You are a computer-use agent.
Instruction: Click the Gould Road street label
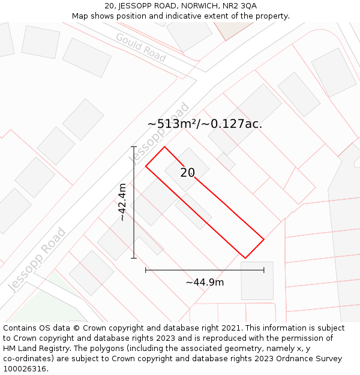(141, 47)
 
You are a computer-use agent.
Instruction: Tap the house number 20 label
(187, 173)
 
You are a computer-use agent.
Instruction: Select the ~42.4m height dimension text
(122, 202)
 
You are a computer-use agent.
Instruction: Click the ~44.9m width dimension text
(205, 282)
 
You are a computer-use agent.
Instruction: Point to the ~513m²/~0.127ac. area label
(205, 124)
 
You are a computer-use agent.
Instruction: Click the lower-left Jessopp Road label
(37, 260)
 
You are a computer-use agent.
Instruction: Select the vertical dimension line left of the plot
(134, 202)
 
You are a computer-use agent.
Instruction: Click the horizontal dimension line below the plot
(205, 270)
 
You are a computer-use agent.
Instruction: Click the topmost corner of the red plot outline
(164, 147)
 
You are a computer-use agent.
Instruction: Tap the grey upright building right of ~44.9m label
(257, 280)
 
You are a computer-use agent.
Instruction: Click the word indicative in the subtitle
(180, 16)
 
